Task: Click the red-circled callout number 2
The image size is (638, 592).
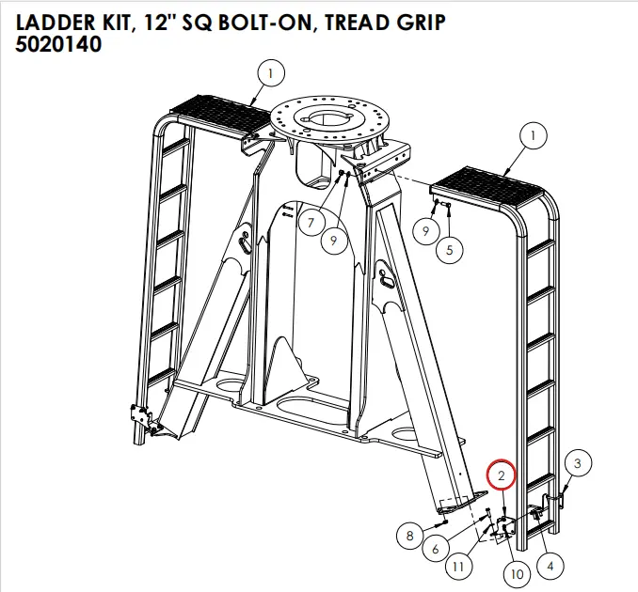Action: coord(502,475)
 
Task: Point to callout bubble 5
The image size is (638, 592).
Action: coord(450,250)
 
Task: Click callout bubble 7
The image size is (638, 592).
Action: coord(308,223)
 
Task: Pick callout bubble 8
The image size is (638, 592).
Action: coord(409,537)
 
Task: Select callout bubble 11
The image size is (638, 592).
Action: coord(458,567)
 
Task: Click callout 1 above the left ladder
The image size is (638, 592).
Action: coord(270,71)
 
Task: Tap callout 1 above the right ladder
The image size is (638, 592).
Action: coord(534,136)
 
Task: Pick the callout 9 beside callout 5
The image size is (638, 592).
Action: coord(426,230)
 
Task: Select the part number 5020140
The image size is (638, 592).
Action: coord(58,44)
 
